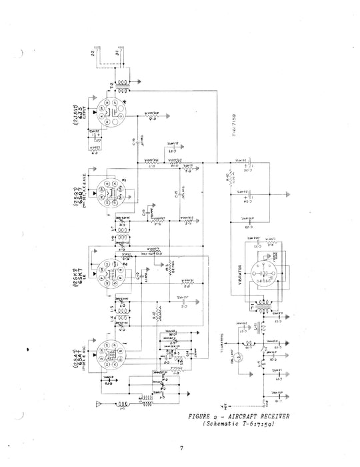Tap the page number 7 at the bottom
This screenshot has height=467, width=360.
coord(181,448)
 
